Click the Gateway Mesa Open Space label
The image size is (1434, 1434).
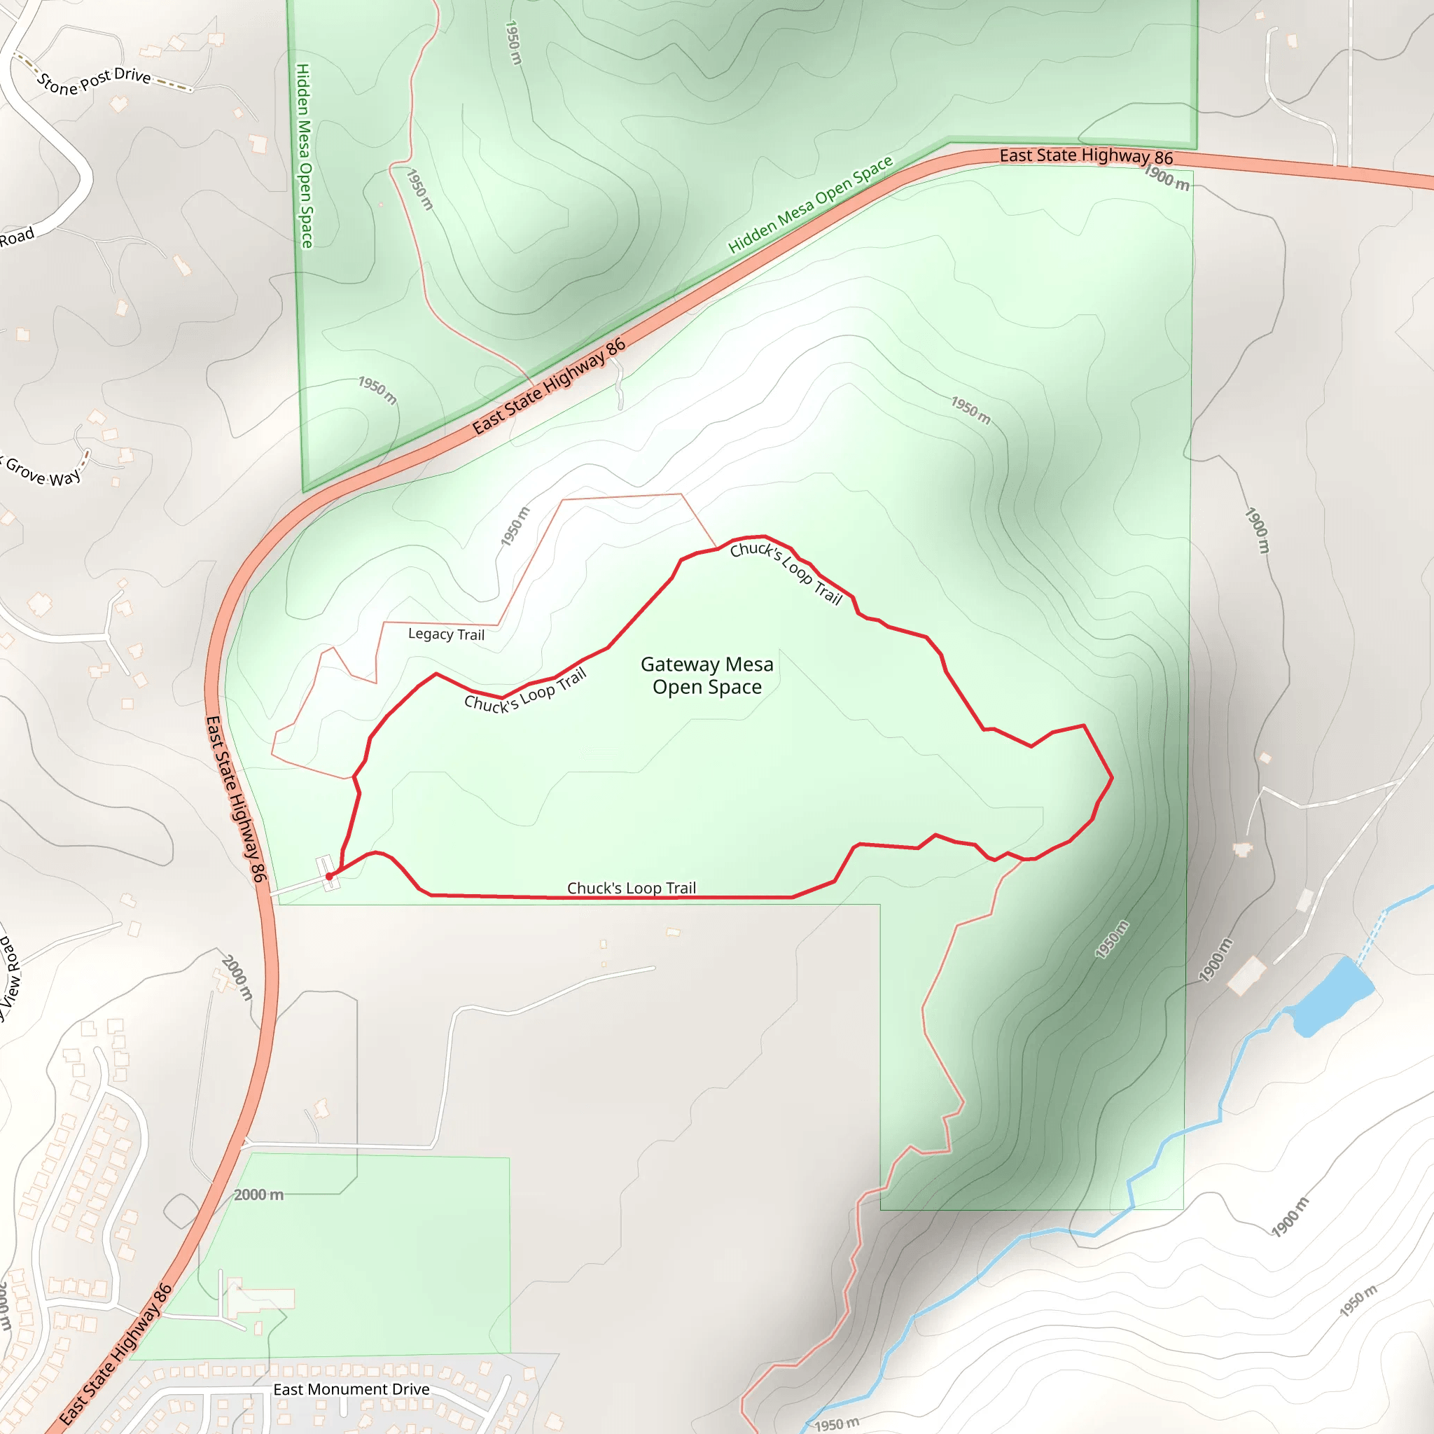706,676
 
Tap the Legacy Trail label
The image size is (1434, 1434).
446,634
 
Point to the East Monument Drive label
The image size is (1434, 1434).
351,1389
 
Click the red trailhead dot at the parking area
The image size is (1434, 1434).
330,877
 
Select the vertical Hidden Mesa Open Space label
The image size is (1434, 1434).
305,155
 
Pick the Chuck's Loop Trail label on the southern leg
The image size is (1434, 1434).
632,888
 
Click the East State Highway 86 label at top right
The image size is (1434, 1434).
1086,156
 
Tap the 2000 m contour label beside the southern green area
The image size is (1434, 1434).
258,1195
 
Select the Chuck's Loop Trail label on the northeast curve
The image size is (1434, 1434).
786,572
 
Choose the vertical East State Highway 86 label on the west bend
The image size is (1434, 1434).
235,799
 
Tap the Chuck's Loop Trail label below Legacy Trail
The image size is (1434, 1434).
524,690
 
